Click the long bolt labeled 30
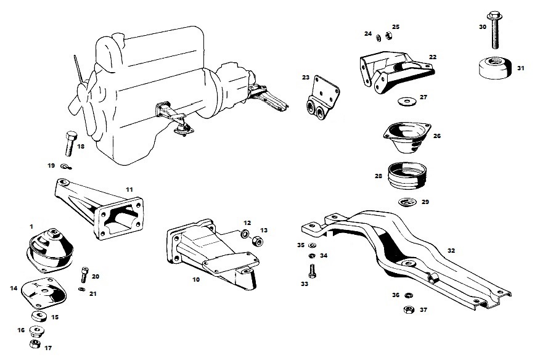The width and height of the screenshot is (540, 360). pos(495,31)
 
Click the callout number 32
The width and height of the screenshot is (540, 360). pos(451,250)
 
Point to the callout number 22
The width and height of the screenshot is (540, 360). pos(433,57)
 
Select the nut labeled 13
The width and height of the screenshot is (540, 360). pos(260,235)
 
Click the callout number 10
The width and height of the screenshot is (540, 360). pos(196,279)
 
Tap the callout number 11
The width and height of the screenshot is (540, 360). pos(129,189)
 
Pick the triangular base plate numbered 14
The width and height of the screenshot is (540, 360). pos(42,294)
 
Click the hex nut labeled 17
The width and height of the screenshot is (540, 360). pos(36,343)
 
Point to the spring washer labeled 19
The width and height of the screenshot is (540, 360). pos(67,166)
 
